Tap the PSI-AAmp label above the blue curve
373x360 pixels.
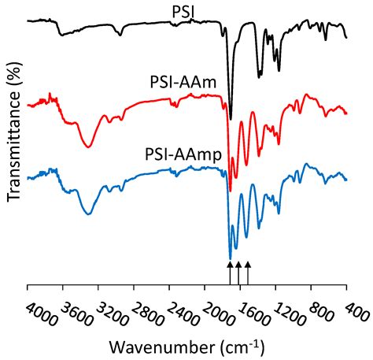[183, 153]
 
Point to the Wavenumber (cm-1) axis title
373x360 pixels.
[187, 347]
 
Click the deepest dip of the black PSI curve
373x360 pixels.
[230, 119]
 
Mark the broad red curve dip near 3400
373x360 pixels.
[87, 146]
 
